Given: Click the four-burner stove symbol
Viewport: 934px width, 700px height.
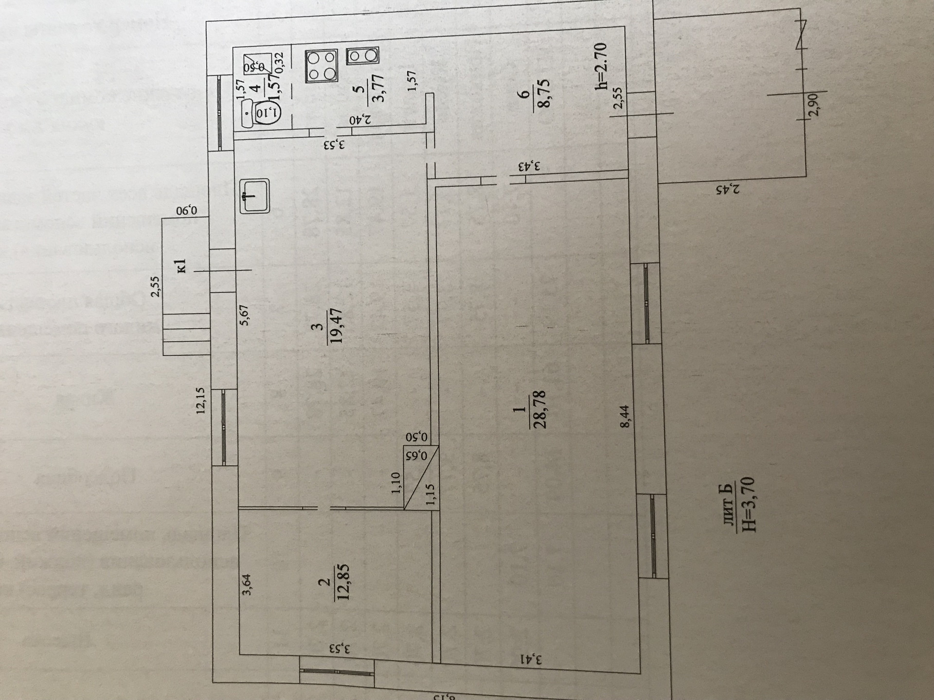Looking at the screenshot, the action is (322, 66).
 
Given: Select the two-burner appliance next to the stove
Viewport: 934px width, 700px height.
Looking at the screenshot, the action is (362, 56).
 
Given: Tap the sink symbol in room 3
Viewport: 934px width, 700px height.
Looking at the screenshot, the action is (254, 196).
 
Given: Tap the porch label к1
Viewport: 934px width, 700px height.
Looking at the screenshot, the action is (181, 266).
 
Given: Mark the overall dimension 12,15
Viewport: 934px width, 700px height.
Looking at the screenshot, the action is (201, 400).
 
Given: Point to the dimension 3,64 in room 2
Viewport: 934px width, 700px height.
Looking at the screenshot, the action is (247, 585).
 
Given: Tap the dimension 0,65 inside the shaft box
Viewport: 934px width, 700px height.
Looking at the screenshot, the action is (422, 455).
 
